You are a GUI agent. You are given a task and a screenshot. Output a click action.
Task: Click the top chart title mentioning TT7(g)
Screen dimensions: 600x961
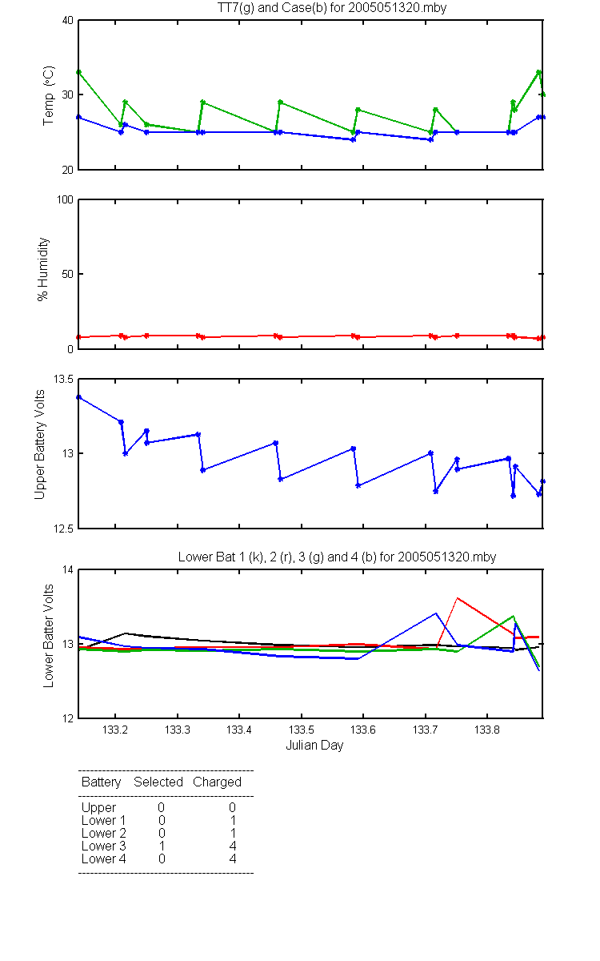[x=332, y=8]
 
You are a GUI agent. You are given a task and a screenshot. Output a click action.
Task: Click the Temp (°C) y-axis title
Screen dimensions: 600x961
[x=49, y=95]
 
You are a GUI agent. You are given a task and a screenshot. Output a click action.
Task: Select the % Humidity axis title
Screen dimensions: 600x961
[x=43, y=269]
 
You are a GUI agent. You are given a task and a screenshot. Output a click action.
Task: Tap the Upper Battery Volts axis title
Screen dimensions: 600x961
[x=39, y=444]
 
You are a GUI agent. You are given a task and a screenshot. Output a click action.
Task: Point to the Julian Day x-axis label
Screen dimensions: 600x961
[x=314, y=746]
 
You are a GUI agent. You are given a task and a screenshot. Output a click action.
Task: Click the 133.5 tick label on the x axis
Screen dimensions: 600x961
[x=302, y=730]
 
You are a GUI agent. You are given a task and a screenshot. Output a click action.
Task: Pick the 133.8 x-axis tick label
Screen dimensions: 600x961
[x=487, y=730]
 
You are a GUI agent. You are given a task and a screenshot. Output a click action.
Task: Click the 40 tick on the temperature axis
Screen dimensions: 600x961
[x=68, y=20]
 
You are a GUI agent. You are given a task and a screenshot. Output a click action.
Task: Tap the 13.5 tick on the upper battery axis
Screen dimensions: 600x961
[x=63, y=379]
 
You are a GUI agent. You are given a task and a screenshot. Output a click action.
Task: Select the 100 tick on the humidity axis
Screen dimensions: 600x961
[x=65, y=199]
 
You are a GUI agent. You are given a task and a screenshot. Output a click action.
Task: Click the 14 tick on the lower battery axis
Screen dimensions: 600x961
[x=68, y=569]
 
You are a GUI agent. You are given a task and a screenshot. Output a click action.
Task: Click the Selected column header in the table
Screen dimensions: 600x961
[x=158, y=782]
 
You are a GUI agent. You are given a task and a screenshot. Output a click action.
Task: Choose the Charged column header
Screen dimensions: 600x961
[x=217, y=782]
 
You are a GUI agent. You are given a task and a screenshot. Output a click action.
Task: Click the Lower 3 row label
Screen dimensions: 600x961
[x=104, y=846]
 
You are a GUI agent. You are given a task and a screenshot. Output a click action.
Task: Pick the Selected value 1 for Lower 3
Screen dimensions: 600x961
[x=162, y=846]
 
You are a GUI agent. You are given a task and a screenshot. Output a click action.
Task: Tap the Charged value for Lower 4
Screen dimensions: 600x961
[x=233, y=858]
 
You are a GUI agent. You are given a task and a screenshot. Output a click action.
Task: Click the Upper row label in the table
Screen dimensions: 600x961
[x=98, y=807]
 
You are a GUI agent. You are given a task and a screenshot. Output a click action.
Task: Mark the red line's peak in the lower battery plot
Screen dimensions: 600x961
[x=458, y=597]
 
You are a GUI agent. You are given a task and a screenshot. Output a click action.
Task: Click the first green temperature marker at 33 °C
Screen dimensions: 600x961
[x=79, y=72]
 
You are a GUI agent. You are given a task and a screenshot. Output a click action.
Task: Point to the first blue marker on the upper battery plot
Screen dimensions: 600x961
[x=79, y=397]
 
